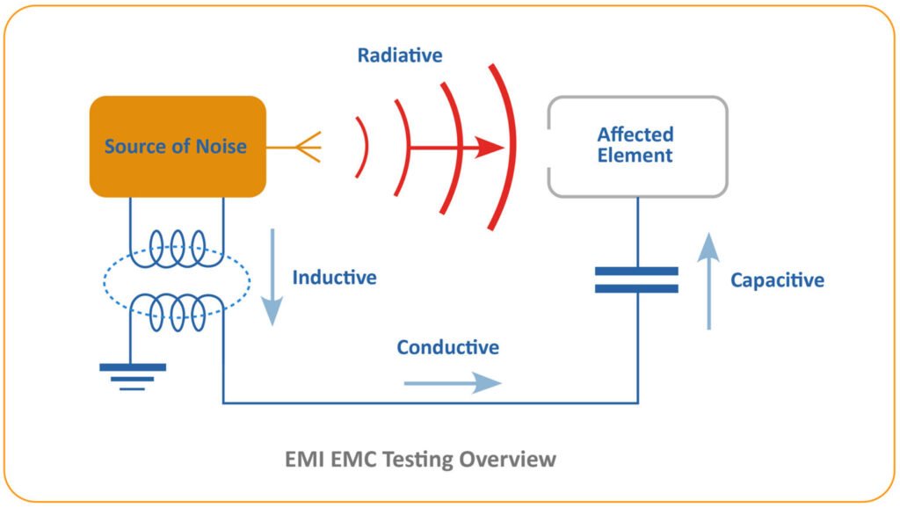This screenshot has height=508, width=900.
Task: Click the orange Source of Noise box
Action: [177, 146]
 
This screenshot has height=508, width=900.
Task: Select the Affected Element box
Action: [636, 146]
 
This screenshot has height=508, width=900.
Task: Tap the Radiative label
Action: [400, 55]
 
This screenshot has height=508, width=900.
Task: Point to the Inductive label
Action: [334, 278]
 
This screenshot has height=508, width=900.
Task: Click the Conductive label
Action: [447, 347]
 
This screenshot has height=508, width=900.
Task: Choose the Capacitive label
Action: [777, 280]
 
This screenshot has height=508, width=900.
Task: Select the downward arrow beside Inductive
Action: [272, 277]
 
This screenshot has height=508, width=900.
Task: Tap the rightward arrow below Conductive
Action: [452, 382]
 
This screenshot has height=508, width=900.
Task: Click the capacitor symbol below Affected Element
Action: [637, 279]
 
